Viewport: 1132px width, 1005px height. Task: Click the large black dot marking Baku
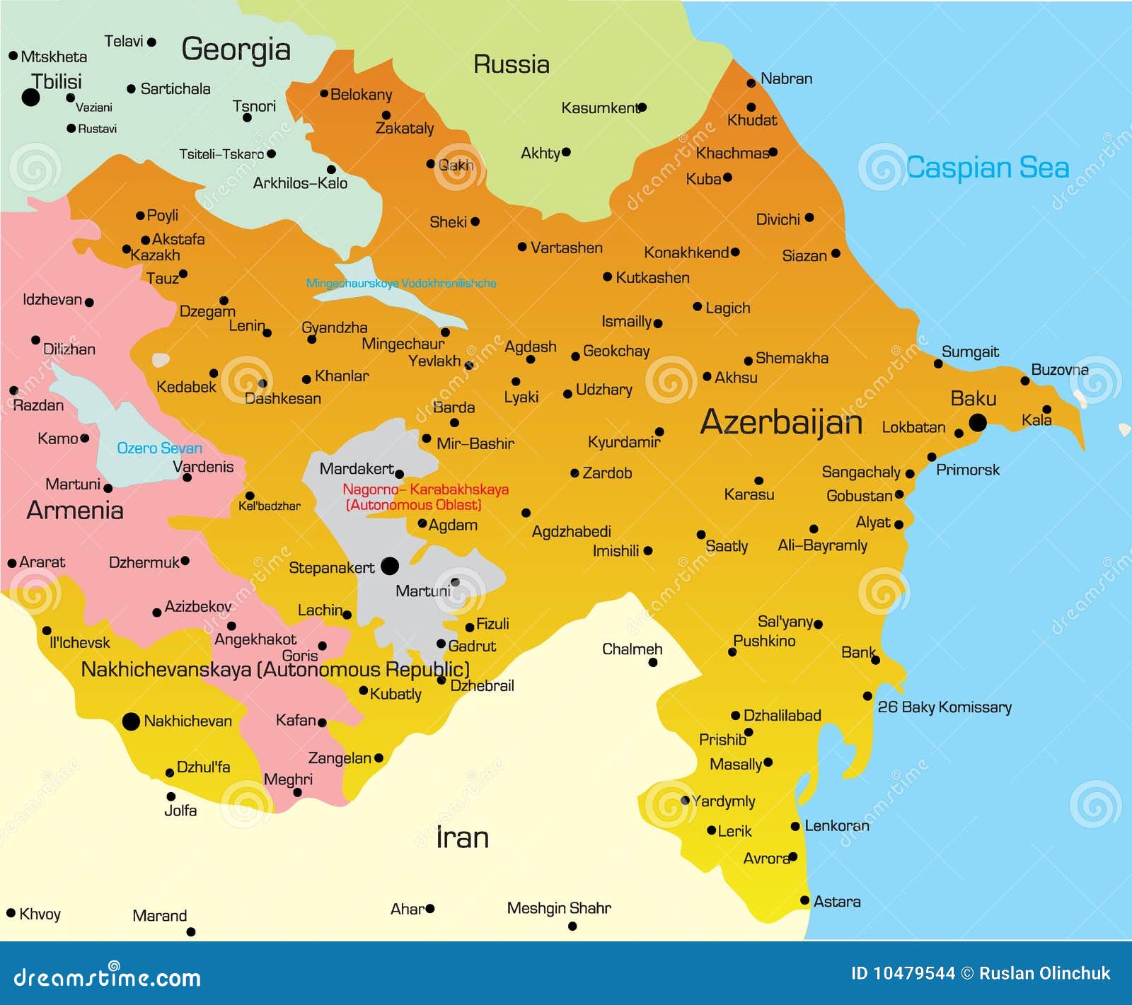(978, 423)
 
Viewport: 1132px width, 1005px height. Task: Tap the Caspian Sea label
(988, 168)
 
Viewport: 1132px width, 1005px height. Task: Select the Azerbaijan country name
(781, 423)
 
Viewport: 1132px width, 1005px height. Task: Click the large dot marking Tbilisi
(30, 97)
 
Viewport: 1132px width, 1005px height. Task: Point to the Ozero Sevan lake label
(159, 448)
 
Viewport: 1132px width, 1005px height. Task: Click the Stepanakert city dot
(390, 566)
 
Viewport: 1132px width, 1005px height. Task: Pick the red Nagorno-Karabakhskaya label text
(425, 489)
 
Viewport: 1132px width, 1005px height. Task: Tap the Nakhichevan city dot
(131, 721)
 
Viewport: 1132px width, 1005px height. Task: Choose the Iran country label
(462, 837)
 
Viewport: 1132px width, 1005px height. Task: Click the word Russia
(512, 65)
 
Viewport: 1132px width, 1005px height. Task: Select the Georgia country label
(236, 50)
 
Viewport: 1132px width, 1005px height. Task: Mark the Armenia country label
(75, 510)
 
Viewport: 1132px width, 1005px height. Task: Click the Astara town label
(837, 902)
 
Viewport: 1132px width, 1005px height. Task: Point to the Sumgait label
(970, 352)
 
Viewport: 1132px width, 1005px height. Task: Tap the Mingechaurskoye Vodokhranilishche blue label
(401, 284)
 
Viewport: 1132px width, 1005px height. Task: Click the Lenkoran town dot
(795, 826)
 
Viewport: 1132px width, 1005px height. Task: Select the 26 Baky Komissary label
(945, 707)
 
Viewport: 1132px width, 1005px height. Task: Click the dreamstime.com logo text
(108, 977)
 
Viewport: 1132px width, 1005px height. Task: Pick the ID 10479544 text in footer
(903, 974)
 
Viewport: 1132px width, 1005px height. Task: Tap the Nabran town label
(786, 79)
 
